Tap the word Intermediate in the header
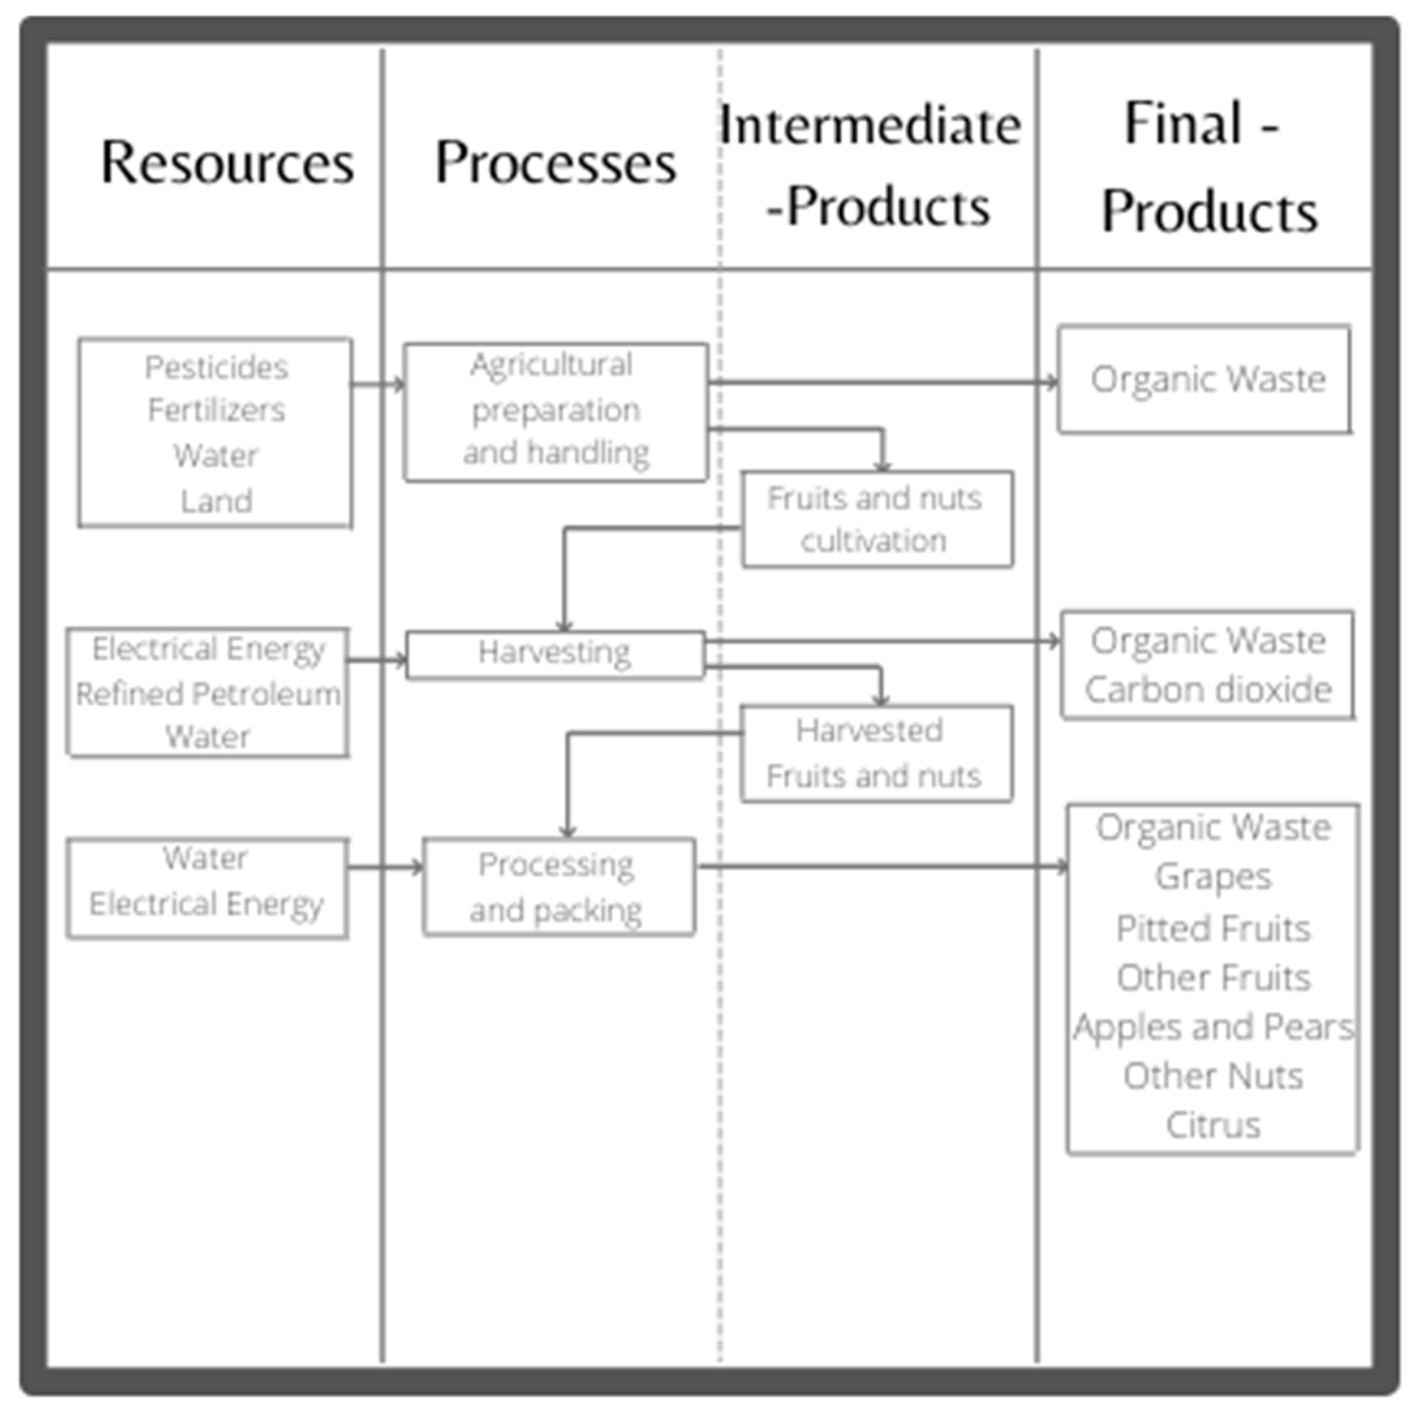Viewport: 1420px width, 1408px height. coord(870,125)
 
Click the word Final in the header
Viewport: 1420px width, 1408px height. coord(1184,124)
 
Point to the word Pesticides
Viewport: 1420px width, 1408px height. coord(216,367)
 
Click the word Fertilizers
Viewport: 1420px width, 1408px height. coord(216,410)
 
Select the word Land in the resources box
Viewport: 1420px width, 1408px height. coord(216,501)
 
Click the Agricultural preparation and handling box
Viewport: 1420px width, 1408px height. coord(556,412)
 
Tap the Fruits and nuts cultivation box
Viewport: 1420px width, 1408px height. coord(876,520)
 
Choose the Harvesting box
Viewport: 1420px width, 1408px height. coord(555,653)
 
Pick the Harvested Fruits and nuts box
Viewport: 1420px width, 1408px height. coord(876,753)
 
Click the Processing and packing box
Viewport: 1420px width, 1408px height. coord(559,887)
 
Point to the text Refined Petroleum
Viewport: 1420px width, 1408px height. coord(208,694)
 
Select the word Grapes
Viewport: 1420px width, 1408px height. coord(1213,877)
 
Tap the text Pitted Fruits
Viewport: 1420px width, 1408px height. coord(1213,928)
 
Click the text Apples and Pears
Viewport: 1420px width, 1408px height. coord(1213,1026)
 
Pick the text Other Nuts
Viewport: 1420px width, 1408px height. coord(1213,1077)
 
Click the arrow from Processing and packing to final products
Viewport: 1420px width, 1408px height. coord(882,867)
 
